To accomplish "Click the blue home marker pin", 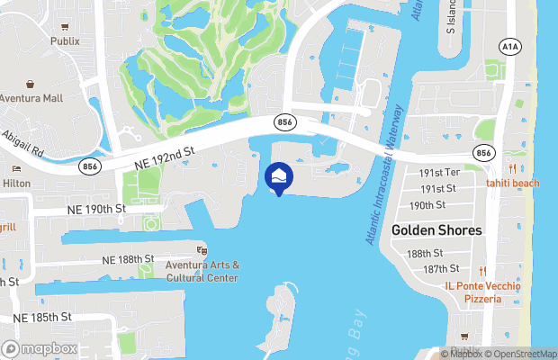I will [279, 178].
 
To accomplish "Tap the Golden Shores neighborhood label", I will [436, 230].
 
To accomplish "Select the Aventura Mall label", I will [31, 98].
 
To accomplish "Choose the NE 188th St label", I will [129, 259].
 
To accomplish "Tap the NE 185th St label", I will [42, 317].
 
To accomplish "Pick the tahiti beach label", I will [513, 184].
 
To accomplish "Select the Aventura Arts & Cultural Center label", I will [202, 271].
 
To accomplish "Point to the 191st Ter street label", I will [440, 172].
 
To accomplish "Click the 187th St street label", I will [442, 269].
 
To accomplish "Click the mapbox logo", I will [39, 348].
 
